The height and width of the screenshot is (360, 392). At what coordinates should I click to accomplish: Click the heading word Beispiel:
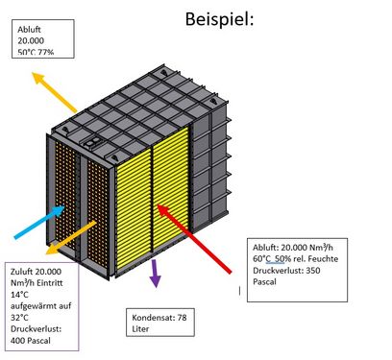[x=219, y=19]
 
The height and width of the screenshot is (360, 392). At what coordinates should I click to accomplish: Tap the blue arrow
[x=39, y=223]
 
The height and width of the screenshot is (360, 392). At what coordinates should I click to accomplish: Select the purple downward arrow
[x=156, y=274]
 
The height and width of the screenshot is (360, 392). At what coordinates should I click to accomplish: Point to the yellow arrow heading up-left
[x=55, y=92]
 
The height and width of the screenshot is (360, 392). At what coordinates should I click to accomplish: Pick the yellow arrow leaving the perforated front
[x=71, y=237]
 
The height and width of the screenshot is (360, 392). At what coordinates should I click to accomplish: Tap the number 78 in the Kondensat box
[x=182, y=318]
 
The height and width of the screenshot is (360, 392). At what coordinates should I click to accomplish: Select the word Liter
[x=140, y=328]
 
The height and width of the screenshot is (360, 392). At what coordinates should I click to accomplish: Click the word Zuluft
[x=22, y=272]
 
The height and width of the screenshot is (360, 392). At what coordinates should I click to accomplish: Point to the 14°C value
[x=19, y=295]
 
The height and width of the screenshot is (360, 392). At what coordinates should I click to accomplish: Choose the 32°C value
[x=19, y=318]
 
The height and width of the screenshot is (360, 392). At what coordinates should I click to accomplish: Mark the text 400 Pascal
[x=31, y=341]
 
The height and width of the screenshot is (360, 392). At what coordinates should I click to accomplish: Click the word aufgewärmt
[x=34, y=306]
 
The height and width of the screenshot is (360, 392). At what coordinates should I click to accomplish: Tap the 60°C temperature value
[x=261, y=258]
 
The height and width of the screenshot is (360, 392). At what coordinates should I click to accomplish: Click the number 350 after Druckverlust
[x=313, y=271]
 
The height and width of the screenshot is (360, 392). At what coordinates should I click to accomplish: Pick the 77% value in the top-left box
[x=46, y=52]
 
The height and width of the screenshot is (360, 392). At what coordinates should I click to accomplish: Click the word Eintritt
[x=50, y=283]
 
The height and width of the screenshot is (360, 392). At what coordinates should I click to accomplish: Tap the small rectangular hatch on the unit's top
[x=92, y=143]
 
